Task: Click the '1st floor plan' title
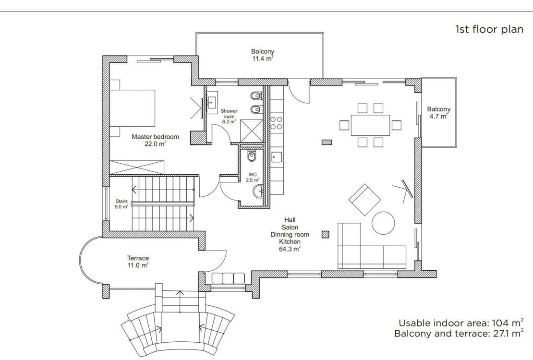pyautogui.click(x=489, y=29)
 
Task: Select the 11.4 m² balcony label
pyautogui.click(x=263, y=55)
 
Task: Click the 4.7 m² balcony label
pyautogui.click(x=438, y=112)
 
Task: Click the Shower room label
pyautogui.click(x=229, y=116)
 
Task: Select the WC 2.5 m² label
pyautogui.click(x=253, y=177)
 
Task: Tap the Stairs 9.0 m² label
pyautogui.click(x=121, y=204)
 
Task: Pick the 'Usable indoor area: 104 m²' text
pyautogui.click(x=460, y=323)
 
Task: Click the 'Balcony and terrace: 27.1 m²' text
pyautogui.click(x=459, y=334)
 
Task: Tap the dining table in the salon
pyautogui.click(x=370, y=125)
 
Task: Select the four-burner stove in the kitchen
pyautogui.click(x=276, y=123)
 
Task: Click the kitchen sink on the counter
pyautogui.click(x=276, y=157)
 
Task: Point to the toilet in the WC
pyautogui.click(x=252, y=156)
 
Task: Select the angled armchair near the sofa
pyautogui.click(x=364, y=199)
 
